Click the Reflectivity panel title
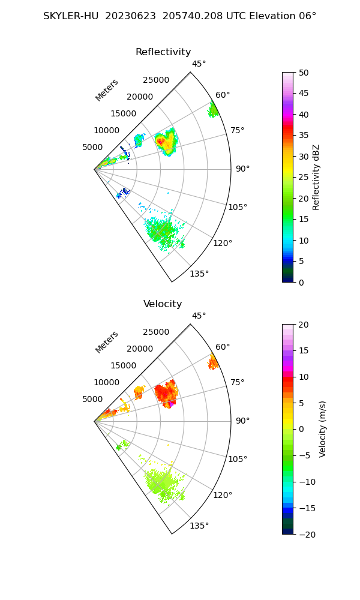[163, 52]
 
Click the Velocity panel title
[163, 304]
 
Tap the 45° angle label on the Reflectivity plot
[199, 64]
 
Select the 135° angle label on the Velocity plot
[199, 526]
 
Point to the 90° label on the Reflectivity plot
[242, 169]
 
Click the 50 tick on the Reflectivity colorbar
[304, 73]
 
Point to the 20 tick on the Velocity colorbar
[304, 325]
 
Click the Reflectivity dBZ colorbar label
[316, 177]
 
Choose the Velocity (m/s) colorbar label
[323, 429]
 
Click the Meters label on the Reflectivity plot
[107, 90]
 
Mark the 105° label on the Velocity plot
[238, 459]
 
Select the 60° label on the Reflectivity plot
[223, 95]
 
